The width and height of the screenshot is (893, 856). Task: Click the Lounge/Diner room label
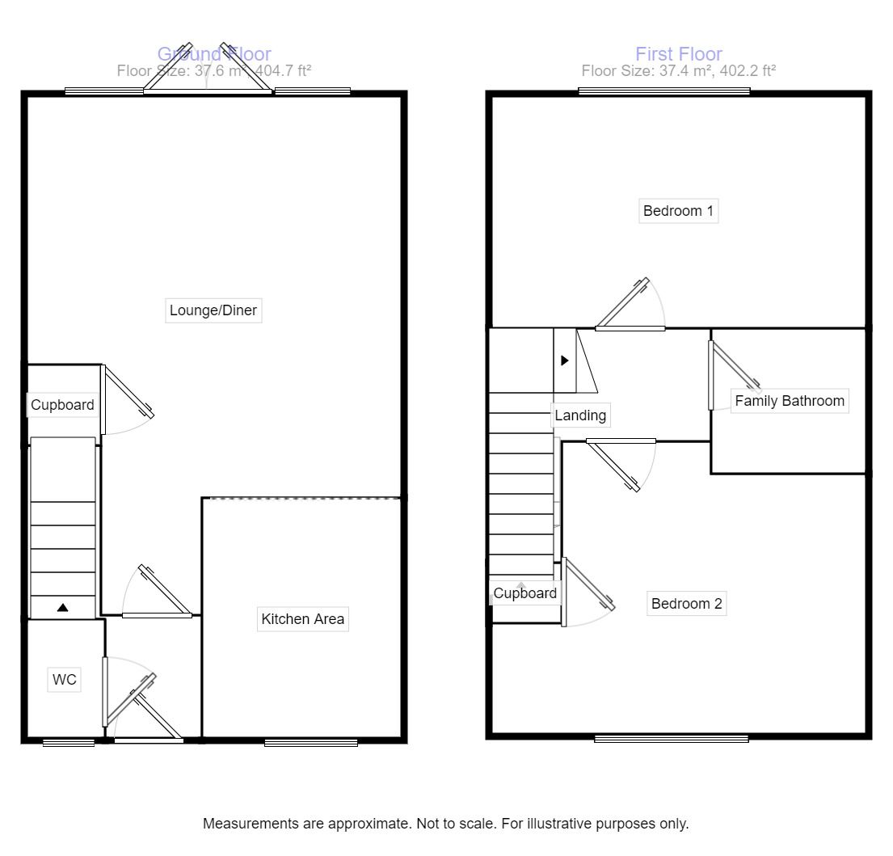click(213, 310)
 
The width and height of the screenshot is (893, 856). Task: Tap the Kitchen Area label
click(302, 619)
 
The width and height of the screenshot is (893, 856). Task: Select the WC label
click(65, 680)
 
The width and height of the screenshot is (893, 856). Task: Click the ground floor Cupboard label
click(62, 405)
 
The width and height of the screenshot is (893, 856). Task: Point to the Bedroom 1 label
click(678, 211)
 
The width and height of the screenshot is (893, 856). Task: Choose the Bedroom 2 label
click(686, 603)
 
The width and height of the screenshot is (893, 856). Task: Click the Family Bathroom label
click(789, 400)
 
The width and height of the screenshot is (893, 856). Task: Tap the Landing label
click(580, 415)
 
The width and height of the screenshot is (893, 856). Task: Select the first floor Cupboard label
click(525, 593)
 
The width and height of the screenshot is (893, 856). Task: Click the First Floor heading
click(678, 54)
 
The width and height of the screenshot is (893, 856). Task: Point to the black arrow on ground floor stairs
click(62, 608)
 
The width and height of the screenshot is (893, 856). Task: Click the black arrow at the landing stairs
click(565, 361)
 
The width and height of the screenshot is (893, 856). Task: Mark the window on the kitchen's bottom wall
click(311, 741)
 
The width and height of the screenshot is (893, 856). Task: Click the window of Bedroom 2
click(671, 737)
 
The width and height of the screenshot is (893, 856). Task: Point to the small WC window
click(69, 742)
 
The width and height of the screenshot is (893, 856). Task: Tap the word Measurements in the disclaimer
click(251, 824)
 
